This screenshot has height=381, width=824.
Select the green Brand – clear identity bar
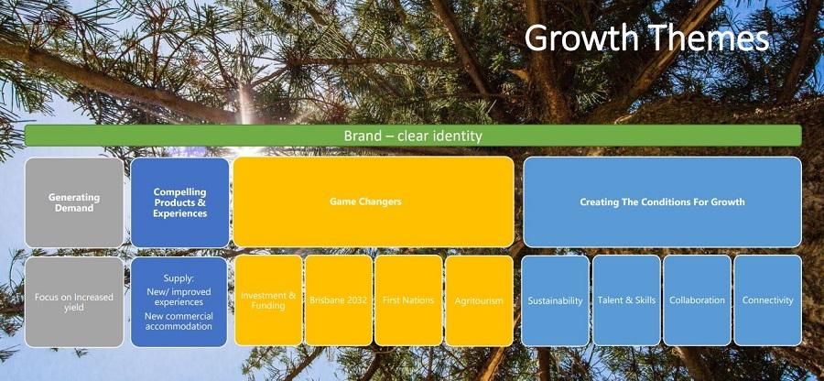point(413,136)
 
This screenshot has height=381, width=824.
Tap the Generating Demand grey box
point(74,202)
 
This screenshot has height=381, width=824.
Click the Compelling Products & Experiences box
point(179,202)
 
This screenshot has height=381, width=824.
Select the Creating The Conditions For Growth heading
point(662,201)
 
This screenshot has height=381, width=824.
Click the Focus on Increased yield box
point(74,301)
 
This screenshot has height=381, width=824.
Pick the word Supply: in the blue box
point(179,278)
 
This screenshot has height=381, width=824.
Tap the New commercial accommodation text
point(179,321)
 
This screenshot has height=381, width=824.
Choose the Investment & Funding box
point(268,300)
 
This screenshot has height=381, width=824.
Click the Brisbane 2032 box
point(339,300)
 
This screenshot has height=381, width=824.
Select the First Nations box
point(408,300)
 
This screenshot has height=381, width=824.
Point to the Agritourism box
point(479,300)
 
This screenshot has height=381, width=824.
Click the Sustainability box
point(555,300)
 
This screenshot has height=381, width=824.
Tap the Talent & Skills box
point(626,300)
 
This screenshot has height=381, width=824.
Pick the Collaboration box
point(697,300)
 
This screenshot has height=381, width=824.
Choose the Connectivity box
point(768,300)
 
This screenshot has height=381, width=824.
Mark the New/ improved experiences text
point(179,297)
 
